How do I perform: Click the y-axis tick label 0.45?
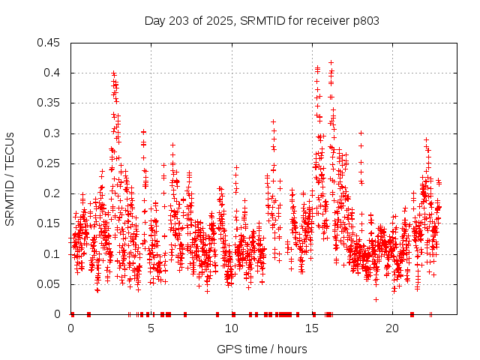pos(52,43)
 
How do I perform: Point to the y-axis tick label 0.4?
pos(55,73)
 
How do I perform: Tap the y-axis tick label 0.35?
pos(52,103)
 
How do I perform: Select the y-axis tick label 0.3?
pos(55,133)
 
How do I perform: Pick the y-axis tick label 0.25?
pos(52,163)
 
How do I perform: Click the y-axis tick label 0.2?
pos(55,193)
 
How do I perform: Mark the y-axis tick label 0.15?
pos(52,223)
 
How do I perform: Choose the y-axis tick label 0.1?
pos(55,254)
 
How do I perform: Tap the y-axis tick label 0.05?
pos(52,284)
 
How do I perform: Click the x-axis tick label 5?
pos(151,328)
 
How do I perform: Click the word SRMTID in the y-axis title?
pos(10,199)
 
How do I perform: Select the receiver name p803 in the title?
pos(365,21)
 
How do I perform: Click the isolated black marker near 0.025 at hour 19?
pos(376,299)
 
